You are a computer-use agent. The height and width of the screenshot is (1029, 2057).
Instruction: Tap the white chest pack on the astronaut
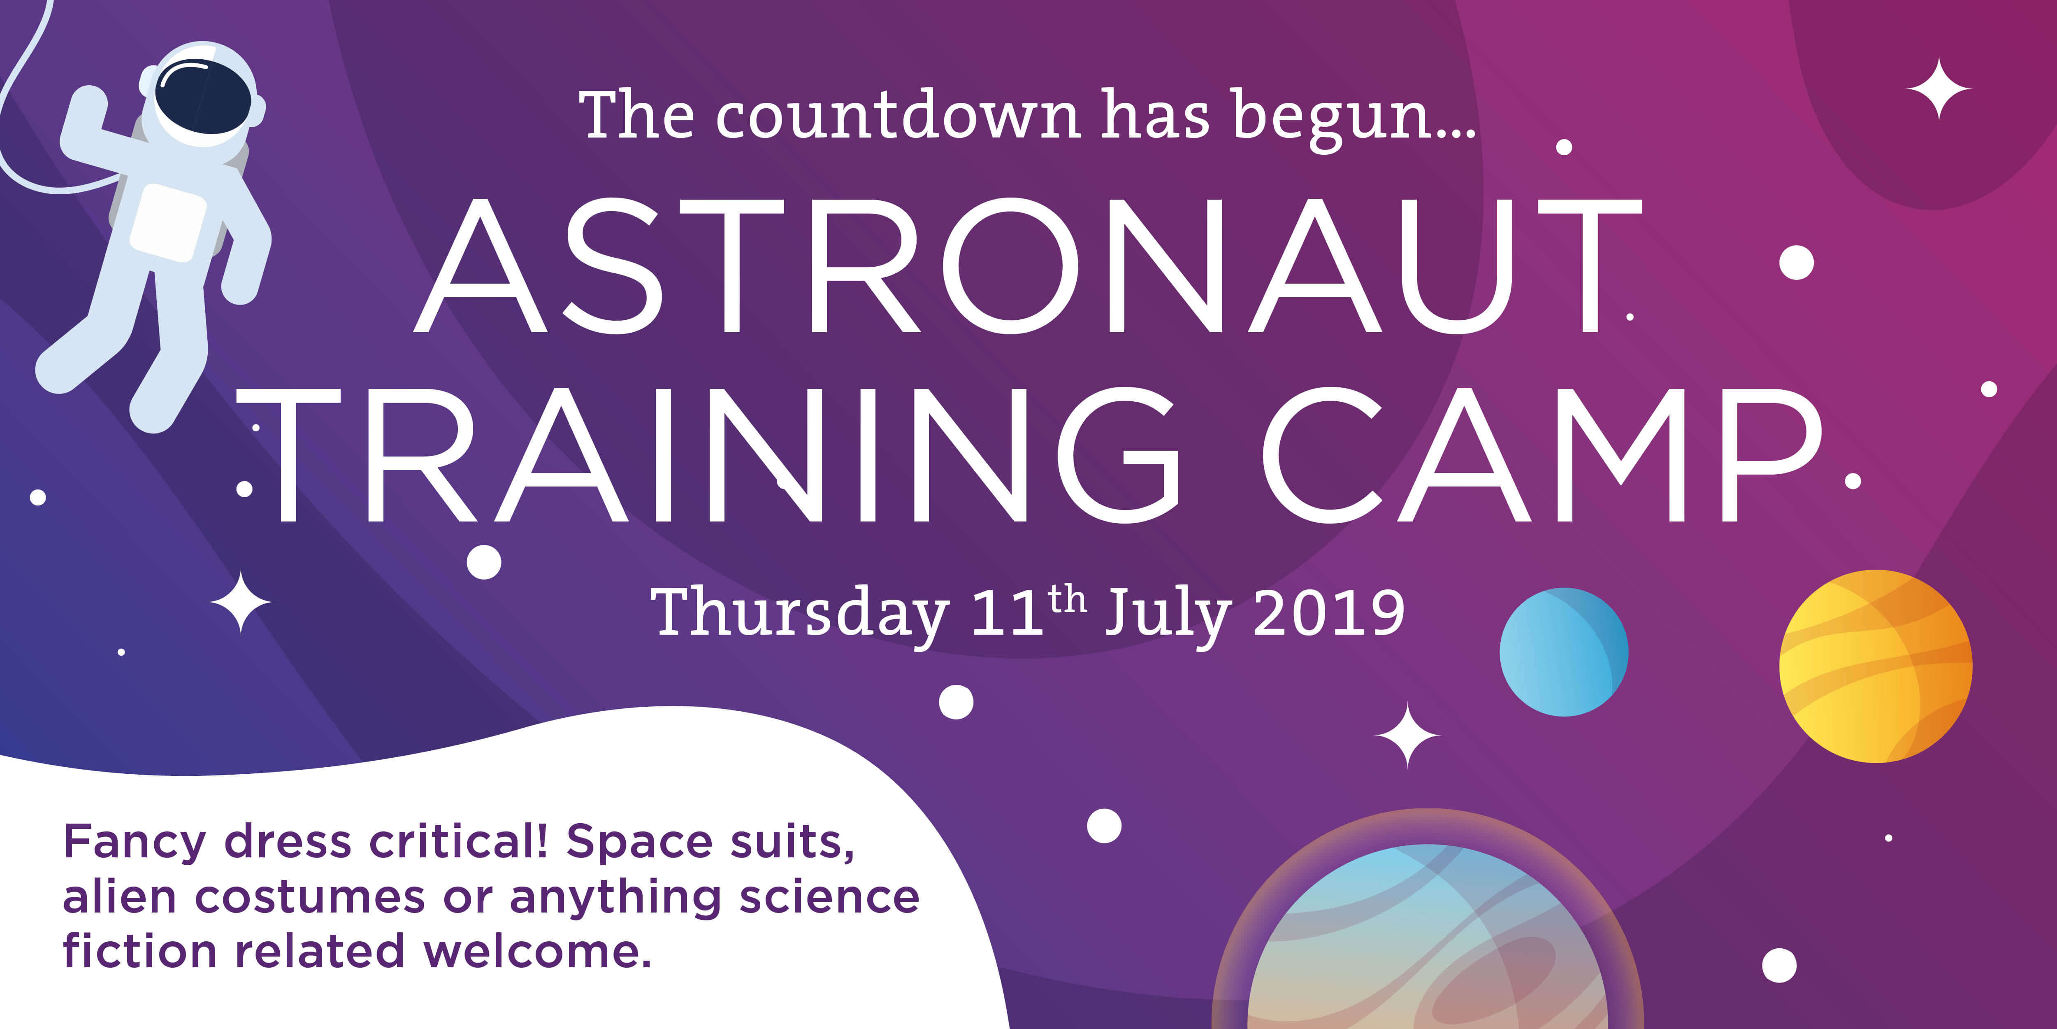pyautogui.click(x=168, y=222)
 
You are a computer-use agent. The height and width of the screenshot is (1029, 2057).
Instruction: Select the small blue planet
pyautogui.click(x=1563, y=652)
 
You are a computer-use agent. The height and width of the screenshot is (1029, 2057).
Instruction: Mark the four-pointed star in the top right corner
pyautogui.click(x=1939, y=88)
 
